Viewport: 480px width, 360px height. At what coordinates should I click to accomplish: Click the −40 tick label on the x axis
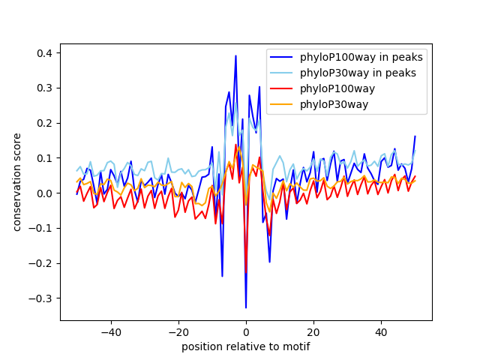(110, 331)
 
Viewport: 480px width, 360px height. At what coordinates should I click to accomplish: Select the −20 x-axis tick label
(178, 331)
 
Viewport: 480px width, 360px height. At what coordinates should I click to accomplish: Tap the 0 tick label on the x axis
(246, 331)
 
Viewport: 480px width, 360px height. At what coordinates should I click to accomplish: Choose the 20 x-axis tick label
(313, 331)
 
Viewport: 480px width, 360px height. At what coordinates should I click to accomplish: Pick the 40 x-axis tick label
(381, 331)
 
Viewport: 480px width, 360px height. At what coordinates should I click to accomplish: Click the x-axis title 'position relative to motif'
(246, 346)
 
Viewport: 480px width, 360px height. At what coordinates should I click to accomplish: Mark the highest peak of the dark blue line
(235, 56)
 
